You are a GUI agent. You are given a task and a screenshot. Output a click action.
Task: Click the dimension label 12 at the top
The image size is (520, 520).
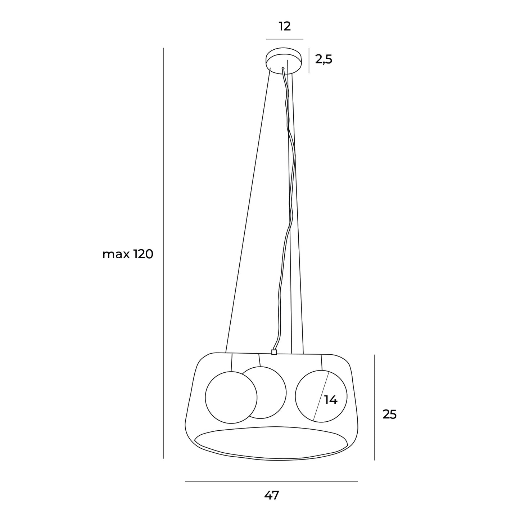click(284, 27)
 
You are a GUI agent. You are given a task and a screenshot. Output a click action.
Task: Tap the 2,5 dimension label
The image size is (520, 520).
click(324, 59)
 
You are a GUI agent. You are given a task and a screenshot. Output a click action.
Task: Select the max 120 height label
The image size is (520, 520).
click(128, 254)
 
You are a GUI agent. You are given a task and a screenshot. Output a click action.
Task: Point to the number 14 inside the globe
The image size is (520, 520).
click(331, 400)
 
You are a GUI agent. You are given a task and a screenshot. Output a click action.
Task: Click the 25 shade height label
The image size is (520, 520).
click(390, 414)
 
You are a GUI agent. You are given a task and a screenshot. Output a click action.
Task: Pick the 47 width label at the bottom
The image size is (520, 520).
click(271, 496)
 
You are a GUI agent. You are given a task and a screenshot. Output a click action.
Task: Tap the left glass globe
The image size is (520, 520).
click(205, 397)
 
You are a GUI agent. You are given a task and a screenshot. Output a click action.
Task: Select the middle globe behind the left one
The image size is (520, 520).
click(286, 393)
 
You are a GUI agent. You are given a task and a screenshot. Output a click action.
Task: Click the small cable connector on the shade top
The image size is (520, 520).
click(274, 352)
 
